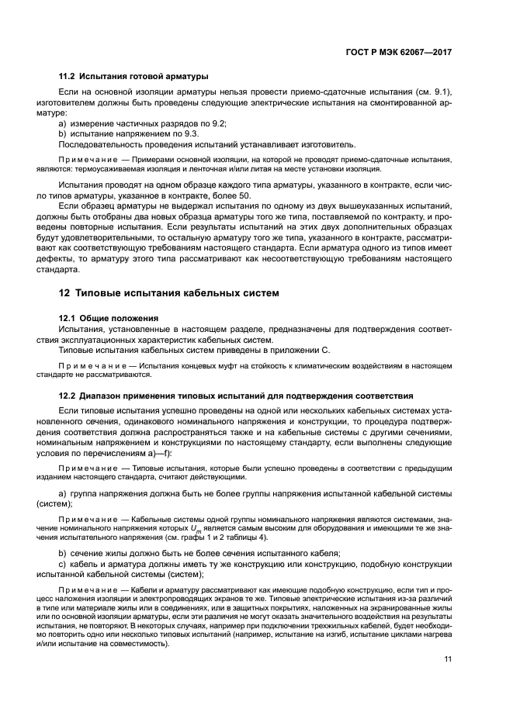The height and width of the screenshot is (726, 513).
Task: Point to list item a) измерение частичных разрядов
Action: pos(143,124)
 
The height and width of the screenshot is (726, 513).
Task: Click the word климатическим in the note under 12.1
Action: pos(307,365)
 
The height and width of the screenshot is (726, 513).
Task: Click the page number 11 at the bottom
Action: pos(447,660)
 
